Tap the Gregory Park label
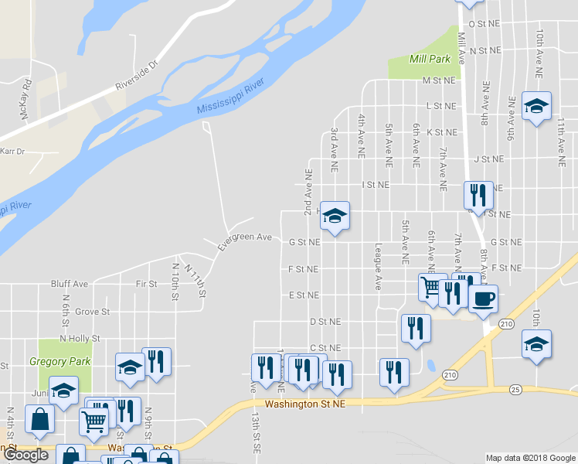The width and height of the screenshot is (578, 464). pos(59,361)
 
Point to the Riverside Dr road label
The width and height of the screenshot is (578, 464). pos(136,72)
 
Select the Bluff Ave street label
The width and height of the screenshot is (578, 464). pos(69,284)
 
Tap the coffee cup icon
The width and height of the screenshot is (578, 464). pos(484,299)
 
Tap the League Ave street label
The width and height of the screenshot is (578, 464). pos(378,266)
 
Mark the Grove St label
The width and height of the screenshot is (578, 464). pos(93,312)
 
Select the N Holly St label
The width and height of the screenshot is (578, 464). pos(80,338)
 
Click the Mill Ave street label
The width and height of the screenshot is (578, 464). pos(461,47)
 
